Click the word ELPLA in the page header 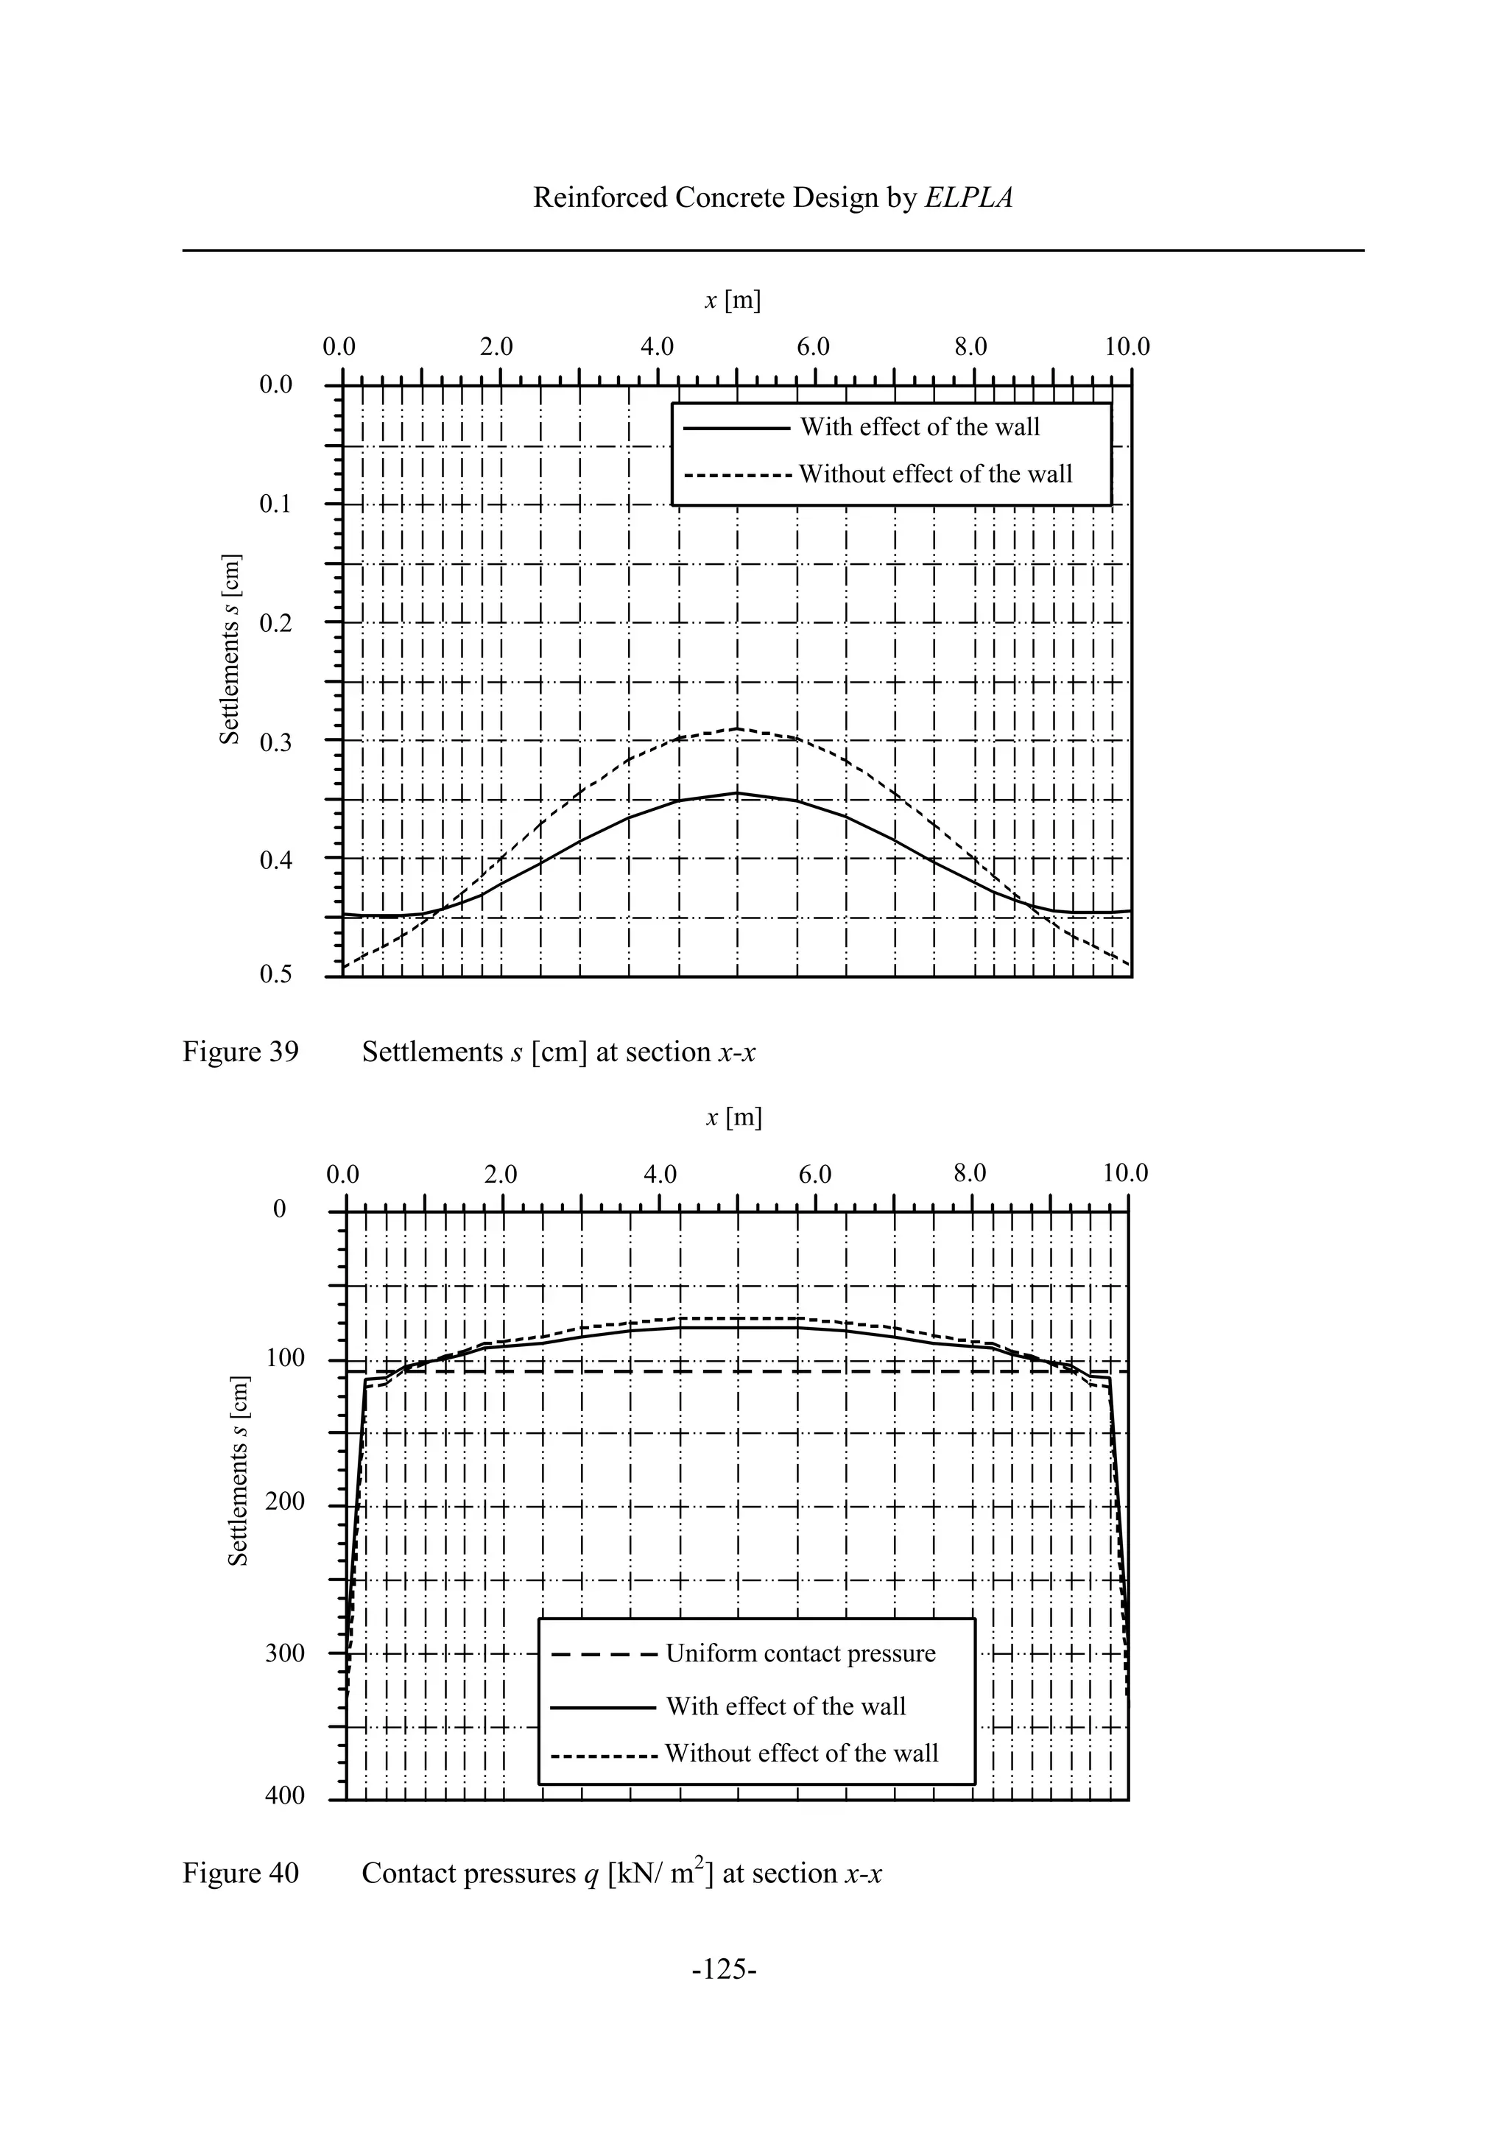(968, 198)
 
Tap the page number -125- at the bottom (725, 1994)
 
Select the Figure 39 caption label (241, 1052)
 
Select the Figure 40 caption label (241, 1873)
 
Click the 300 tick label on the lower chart (284, 1653)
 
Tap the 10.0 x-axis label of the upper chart (1127, 348)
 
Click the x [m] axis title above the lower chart (733, 1117)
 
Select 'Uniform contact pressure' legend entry (800, 1653)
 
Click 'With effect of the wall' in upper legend (919, 427)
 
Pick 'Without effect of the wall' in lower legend (801, 1753)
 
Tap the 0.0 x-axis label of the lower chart (342, 1174)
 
